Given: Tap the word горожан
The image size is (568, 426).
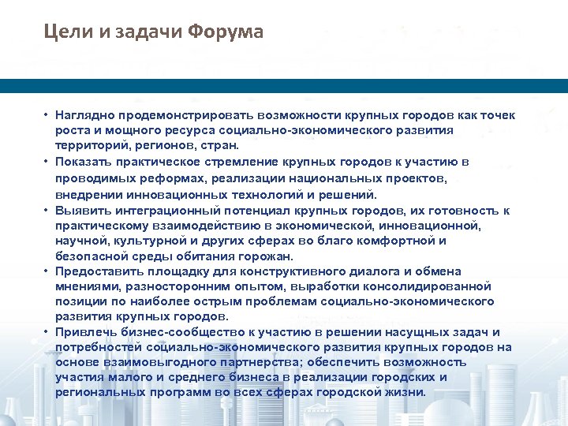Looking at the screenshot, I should pos(264,256).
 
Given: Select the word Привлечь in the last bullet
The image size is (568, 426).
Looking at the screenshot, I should pos(81,331).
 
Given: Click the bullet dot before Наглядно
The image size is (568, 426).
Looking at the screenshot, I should pos(47,115).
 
